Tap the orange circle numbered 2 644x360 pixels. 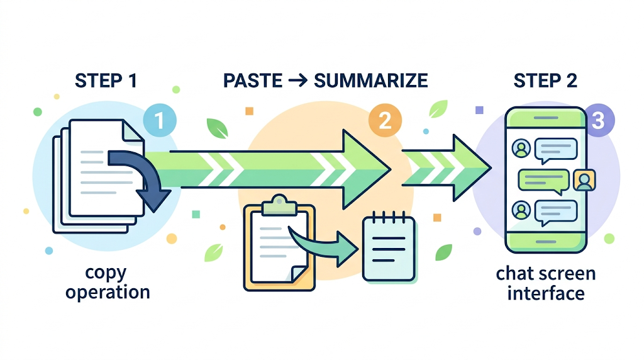[x=384, y=121]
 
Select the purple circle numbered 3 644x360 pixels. [x=597, y=120]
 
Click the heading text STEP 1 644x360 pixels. [x=106, y=81]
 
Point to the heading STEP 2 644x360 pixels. [x=545, y=81]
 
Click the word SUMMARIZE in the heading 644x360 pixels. [x=370, y=81]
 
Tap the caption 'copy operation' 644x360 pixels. [x=108, y=283]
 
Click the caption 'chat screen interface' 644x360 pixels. [x=545, y=283]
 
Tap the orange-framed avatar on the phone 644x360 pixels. [x=584, y=181]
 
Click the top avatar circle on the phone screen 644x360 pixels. [x=521, y=149]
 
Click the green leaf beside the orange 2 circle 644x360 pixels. [x=438, y=109]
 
